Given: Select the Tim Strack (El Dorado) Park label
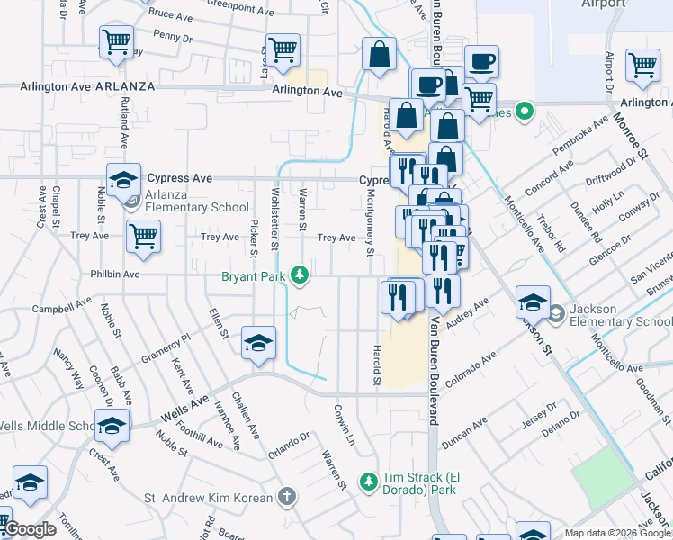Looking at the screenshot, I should [418, 483].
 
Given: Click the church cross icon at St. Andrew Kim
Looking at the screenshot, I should [285, 497].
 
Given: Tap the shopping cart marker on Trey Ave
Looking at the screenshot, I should [143, 236].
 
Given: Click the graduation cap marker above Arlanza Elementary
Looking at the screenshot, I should [124, 179].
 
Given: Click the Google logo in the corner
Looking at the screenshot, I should [31, 530].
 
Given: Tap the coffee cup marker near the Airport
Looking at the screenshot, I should [481, 61].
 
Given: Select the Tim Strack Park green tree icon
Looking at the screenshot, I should [367, 483].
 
